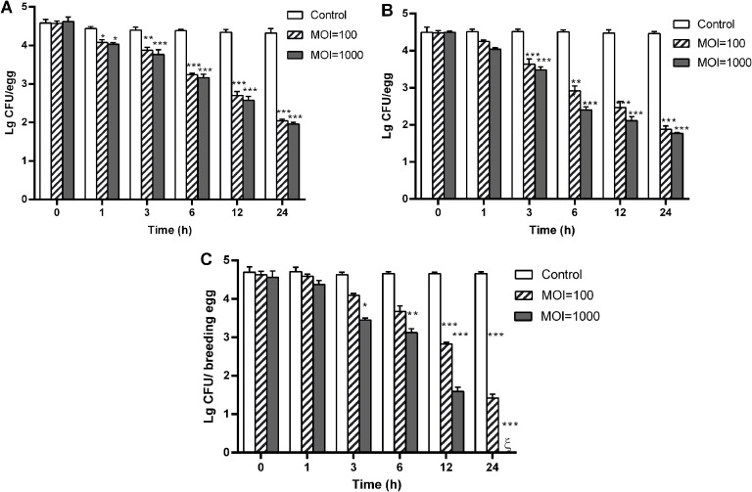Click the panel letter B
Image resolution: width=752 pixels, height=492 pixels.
(389, 11)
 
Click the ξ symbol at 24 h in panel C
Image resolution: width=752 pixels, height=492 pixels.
(507, 443)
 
